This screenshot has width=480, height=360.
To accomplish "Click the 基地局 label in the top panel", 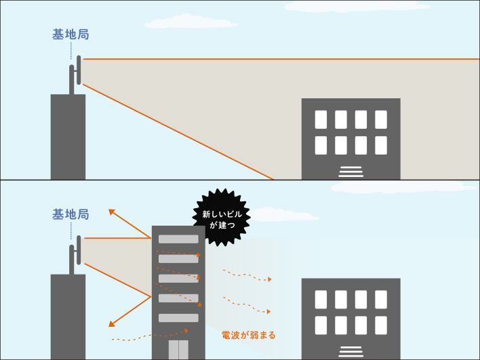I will pyautogui.click(x=71, y=35).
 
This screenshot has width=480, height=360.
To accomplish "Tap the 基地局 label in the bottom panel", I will pyautogui.click(x=71, y=214).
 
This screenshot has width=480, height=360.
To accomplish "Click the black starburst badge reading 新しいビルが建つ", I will pyautogui.click(x=222, y=217).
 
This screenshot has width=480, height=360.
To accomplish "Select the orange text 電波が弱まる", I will pyautogui.click(x=249, y=335).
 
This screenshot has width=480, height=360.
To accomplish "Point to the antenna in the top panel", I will pyautogui.click(x=75, y=75).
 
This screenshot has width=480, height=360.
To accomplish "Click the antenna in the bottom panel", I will pyautogui.click(x=75, y=254).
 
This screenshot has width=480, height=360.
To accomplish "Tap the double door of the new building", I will pyautogui.click(x=178, y=350).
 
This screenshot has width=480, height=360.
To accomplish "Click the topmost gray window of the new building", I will pyautogui.click(x=178, y=239).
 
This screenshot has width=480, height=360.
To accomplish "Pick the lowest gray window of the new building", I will pyautogui.click(x=178, y=318).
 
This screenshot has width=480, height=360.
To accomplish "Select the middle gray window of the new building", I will pyautogui.click(x=178, y=279).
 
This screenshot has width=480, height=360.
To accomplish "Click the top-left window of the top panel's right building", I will pyautogui.click(x=321, y=119).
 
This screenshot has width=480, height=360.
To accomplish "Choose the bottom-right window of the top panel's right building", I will pyautogui.click(x=381, y=145).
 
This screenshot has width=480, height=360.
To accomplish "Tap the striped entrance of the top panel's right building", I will pyautogui.click(x=351, y=171).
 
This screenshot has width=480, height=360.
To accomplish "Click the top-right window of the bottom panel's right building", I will pyautogui.click(x=381, y=299).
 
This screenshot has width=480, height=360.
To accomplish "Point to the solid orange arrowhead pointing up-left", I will pyautogui.click(x=112, y=212).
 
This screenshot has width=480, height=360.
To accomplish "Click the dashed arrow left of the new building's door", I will pyautogui.click(x=149, y=335).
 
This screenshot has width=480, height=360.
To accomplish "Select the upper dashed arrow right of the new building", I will pyautogui.click(x=247, y=275).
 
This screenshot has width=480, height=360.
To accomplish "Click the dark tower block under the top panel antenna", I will pyautogui.click(x=68, y=136).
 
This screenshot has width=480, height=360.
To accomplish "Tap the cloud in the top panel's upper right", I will pyautogui.click(x=356, y=7).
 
